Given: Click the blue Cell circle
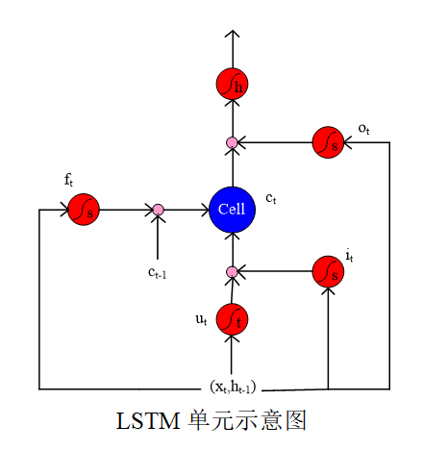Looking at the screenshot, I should [232, 209].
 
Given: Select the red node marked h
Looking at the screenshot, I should [232, 84].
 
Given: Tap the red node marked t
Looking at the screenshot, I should [232, 317].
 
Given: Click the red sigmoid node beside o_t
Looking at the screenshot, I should [329, 142].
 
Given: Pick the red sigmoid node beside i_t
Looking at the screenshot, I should [329, 272].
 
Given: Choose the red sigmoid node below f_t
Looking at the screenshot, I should [84, 209].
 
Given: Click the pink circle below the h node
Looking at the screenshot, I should [232, 143].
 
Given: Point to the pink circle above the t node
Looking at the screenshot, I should [232, 272].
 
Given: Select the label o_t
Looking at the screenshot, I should [363, 127].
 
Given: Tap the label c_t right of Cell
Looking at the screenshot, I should [271, 198].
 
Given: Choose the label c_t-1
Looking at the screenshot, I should [158, 271].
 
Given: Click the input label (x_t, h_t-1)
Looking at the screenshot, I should [233, 387].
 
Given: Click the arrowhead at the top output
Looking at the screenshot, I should [232, 36].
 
